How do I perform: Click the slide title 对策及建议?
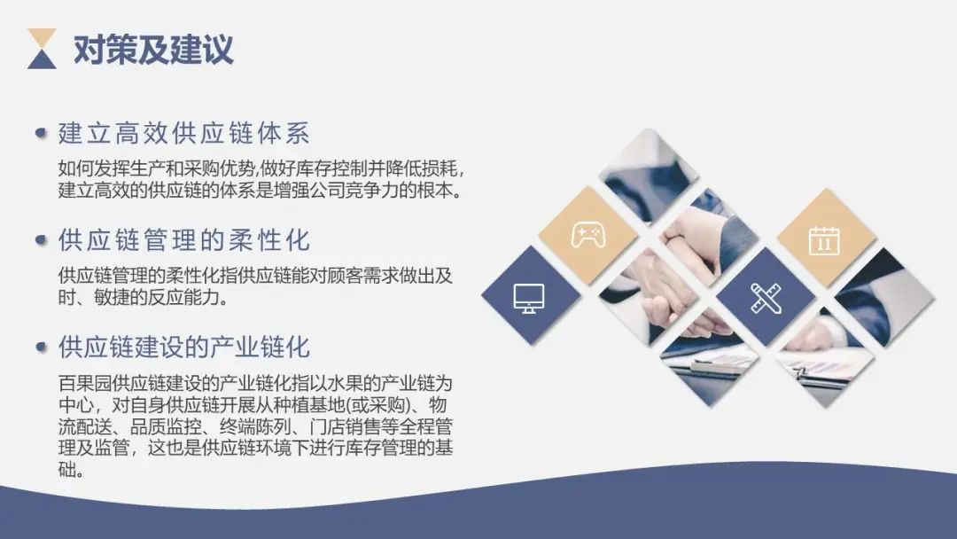[x=153, y=50]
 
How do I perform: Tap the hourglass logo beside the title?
[x=42, y=49]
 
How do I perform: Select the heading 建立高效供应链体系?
[x=183, y=134]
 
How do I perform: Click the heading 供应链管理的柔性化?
[x=183, y=240]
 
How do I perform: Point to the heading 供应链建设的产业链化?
[x=183, y=346]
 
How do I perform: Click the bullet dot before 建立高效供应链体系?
[x=41, y=134]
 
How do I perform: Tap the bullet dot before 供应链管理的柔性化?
[x=41, y=240]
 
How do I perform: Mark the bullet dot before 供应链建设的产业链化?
[x=41, y=346]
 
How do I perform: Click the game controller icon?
[x=588, y=235]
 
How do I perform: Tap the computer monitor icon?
[x=530, y=297]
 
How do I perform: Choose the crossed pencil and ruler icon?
[x=765, y=297]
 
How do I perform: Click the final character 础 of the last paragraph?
[x=66, y=470]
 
